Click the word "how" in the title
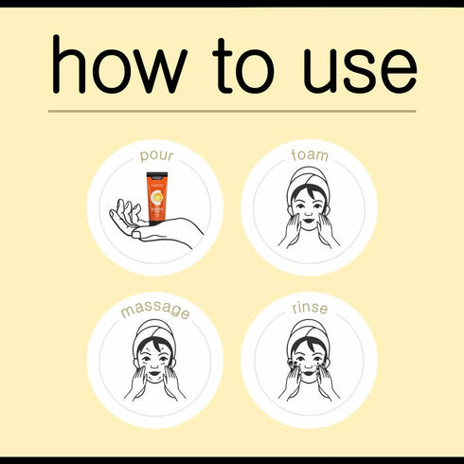(x=118, y=68)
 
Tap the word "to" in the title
(x=241, y=68)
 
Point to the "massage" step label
(x=154, y=311)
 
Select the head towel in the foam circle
(x=309, y=177)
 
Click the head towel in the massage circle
(x=154, y=330)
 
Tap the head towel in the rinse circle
(x=309, y=330)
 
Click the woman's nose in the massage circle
(x=154, y=361)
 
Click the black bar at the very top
(x=232, y=3)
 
